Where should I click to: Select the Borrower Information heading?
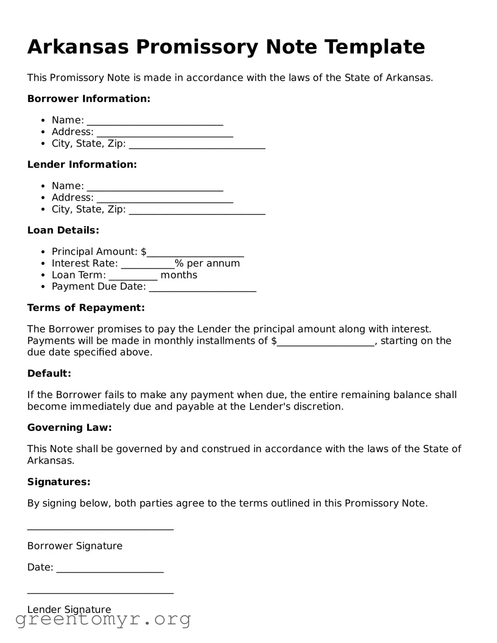(x=88, y=99)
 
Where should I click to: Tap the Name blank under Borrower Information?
(x=155, y=122)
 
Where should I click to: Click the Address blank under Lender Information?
(x=164, y=199)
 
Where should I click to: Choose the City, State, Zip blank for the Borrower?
(x=197, y=145)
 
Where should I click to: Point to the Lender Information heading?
(x=82, y=164)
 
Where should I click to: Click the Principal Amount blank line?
(x=195, y=253)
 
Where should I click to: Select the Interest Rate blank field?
(x=147, y=265)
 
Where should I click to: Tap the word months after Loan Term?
(x=179, y=275)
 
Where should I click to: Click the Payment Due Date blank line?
(x=202, y=289)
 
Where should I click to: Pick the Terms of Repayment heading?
(x=86, y=308)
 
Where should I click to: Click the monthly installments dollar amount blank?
(x=326, y=343)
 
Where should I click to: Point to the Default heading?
(x=49, y=373)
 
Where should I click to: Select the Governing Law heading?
(x=69, y=428)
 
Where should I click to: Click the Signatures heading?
(x=59, y=482)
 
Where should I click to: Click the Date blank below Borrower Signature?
(x=110, y=569)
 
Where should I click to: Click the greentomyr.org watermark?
(x=103, y=620)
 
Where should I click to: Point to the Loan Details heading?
(x=63, y=230)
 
